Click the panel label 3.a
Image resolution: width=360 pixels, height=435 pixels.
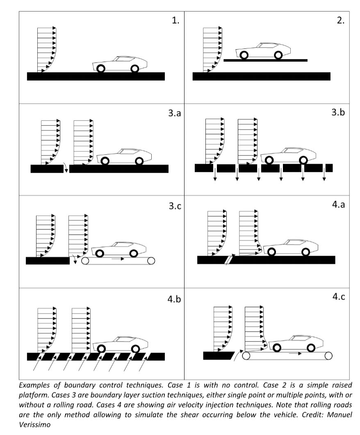[x=174, y=113]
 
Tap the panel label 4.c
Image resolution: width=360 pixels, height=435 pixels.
[x=339, y=297]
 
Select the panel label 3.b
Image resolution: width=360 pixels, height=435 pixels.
[x=338, y=112]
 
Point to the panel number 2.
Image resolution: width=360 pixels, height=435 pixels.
[x=341, y=20]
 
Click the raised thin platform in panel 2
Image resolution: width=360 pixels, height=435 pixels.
[x=266, y=60]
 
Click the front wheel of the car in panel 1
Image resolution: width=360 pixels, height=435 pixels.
[x=134, y=69]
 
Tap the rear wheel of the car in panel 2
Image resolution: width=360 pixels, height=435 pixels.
[x=244, y=55]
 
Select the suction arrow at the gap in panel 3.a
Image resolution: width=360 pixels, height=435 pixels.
[x=66, y=167]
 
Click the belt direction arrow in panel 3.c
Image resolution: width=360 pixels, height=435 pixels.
[x=118, y=259]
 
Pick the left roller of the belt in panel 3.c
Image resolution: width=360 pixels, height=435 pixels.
[x=85, y=261]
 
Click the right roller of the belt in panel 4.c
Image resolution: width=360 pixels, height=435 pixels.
[x=328, y=356]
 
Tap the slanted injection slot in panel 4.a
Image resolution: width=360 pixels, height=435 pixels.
[x=229, y=260]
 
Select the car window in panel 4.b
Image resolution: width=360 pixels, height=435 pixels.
[x=125, y=339]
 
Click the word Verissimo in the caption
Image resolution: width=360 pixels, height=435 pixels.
[x=34, y=424]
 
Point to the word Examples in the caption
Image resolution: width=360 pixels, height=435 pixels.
[x=34, y=385]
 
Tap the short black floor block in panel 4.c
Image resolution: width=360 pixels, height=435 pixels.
[x=219, y=355]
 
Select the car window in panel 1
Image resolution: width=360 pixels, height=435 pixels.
[x=125, y=59]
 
